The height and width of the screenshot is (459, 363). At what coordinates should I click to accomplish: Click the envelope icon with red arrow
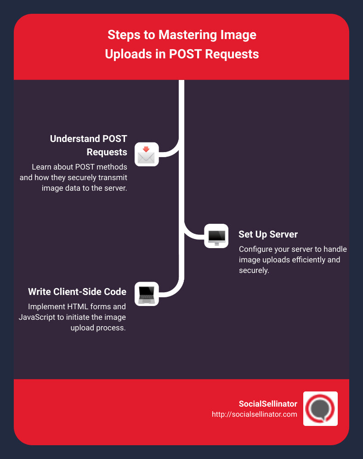pyautogui.click(x=147, y=154)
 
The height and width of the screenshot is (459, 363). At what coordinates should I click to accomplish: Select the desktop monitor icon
pyautogui.click(x=216, y=236)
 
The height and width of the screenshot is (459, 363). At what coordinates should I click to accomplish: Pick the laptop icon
pyautogui.click(x=147, y=294)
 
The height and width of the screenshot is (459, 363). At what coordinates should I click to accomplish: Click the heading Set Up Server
pyautogui.click(x=268, y=234)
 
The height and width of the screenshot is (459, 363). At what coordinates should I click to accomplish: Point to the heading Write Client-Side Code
pyautogui.click(x=77, y=292)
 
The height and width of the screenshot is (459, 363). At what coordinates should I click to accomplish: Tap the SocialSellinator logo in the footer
pyautogui.click(x=320, y=408)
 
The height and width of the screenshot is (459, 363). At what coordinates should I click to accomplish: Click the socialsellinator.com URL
pyautogui.click(x=254, y=414)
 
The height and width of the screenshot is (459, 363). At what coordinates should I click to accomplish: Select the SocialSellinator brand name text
pyautogui.click(x=268, y=404)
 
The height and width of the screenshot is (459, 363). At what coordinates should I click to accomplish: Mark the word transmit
pyautogui.click(x=113, y=177)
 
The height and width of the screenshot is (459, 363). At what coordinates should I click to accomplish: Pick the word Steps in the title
pyautogui.click(x=123, y=35)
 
